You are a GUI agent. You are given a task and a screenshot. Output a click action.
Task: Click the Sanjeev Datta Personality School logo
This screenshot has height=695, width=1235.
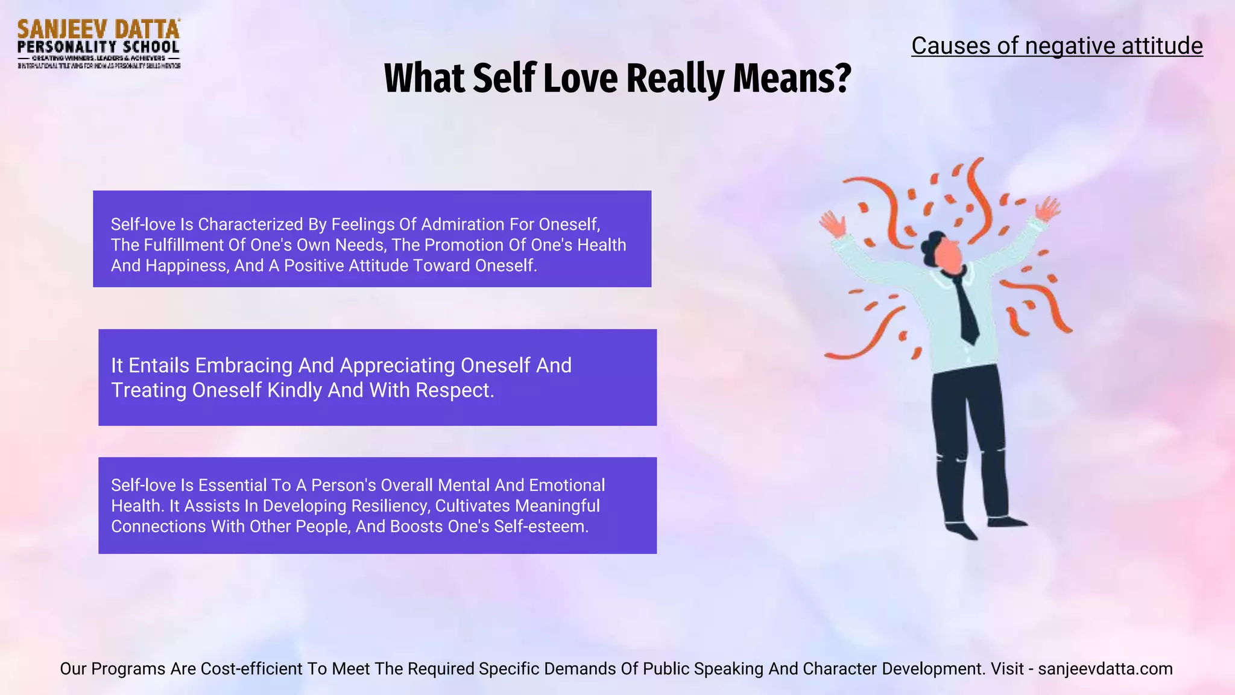(x=99, y=43)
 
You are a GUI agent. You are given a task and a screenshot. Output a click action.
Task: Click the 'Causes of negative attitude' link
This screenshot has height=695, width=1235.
(x=1057, y=46)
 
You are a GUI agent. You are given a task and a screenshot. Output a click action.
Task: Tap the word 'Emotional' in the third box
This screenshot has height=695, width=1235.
(x=567, y=485)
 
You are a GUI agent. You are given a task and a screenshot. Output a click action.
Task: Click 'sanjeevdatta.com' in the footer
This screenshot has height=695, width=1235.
(x=1105, y=668)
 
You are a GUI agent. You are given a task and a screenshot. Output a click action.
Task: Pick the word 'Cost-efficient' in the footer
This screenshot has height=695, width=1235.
(x=251, y=668)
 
